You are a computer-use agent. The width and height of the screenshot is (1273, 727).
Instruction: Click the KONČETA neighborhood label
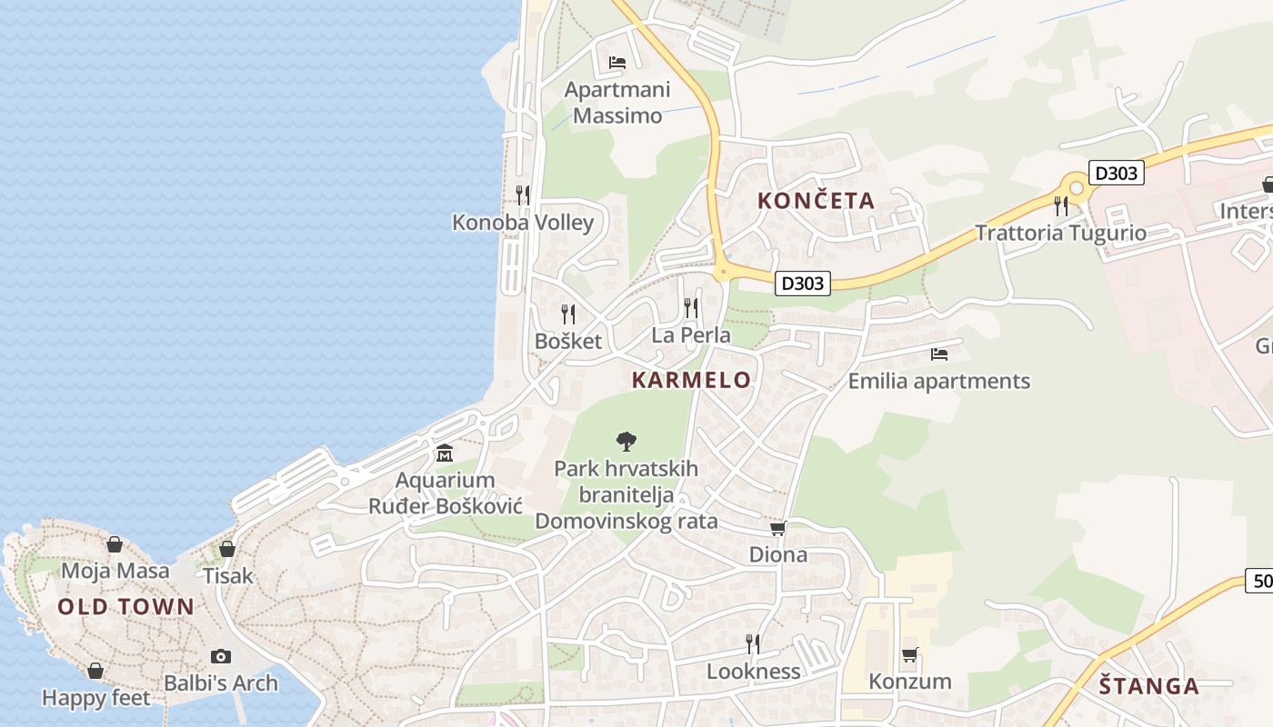tap(816, 201)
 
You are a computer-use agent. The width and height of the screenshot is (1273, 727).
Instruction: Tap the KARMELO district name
tap(691, 380)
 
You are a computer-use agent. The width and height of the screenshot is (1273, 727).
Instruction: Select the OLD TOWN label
tap(125, 607)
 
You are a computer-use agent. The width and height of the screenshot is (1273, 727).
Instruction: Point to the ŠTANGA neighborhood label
tap(1148, 686)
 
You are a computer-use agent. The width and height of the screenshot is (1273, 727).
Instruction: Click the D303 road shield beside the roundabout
tap(1116, 173)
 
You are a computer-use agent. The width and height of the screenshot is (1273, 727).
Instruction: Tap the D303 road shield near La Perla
tap(804, 284)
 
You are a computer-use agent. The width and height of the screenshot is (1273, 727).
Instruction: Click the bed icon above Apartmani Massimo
tap(617, 63)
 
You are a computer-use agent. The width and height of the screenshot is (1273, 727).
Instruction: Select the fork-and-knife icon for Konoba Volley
tap(523, 194)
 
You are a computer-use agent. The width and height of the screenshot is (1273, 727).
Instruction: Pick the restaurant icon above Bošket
tap(568, 314)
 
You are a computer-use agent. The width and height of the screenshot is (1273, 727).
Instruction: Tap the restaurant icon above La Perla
tap(691, 308)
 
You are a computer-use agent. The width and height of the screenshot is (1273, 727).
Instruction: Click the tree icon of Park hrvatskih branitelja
tap(626, 442)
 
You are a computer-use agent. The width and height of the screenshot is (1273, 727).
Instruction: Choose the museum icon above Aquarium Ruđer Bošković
tap(445, 453)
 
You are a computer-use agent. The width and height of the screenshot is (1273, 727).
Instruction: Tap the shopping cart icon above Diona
tap(777, 528)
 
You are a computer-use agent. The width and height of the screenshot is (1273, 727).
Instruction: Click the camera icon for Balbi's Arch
tap(221, 656)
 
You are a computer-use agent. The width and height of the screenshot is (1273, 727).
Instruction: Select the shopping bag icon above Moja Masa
tap(115, 544)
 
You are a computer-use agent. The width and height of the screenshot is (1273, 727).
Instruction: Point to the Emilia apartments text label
tap(938, 381)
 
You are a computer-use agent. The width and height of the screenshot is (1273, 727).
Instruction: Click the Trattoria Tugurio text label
tap(1060, 233)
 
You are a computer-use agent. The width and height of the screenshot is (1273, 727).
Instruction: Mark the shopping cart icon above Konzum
tap(909, 654)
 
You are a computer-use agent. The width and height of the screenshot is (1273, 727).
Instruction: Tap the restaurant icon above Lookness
tap(753, 644)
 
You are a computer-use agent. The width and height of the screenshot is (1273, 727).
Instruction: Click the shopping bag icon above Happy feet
tap(95, 671)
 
